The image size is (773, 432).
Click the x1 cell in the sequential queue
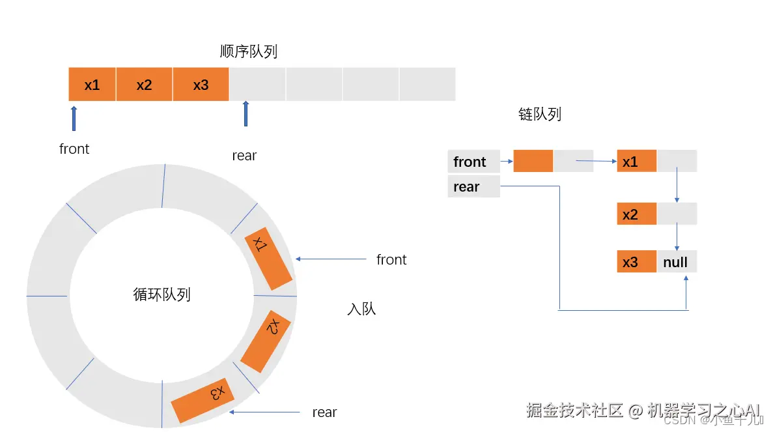click(x=92, y=84)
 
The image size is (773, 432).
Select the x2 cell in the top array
click(x=144, y=84)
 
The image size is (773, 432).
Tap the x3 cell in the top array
click(x=201, y=84)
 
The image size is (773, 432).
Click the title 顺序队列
click(x=249, y=51)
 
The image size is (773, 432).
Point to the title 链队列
click(x=539, y=115)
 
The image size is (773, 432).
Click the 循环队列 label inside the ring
click(x=162, y=295)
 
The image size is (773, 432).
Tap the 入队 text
click(x=361, y=308)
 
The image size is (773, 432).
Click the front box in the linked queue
click(x=473, y=162)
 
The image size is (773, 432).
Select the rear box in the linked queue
click(x=473, y=187)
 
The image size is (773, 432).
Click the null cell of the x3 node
click(x=676, y=262)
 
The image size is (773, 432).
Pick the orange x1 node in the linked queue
click(x=636, y=162)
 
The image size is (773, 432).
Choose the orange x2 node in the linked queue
click(x=636, y=214)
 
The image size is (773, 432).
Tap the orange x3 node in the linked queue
click(x=636, y=262)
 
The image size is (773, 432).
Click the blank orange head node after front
click(x=533, y=161)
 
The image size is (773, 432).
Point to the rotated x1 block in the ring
click(x=268, y=262)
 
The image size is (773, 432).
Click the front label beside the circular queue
click(x=391, y=259)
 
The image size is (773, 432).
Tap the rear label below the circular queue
click(x=324, y=412)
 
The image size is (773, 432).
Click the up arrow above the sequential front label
click(x=74, y=118)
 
